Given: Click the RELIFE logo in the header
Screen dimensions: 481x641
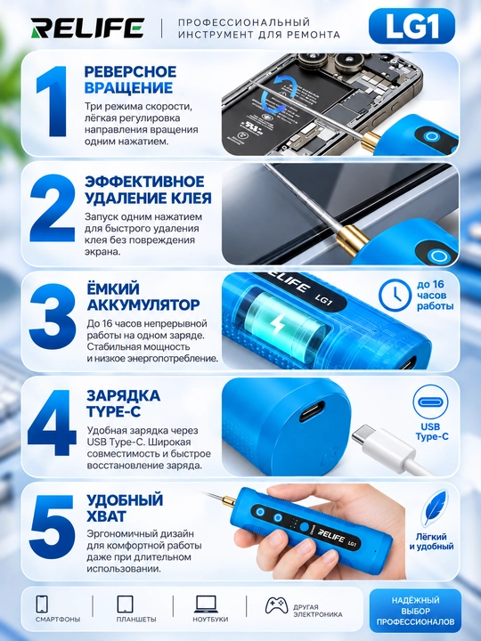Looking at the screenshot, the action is tap(87, 28).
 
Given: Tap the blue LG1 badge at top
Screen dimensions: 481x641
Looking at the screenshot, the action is tap(412, 27).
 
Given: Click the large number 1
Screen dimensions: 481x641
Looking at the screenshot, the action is tap(52, 101).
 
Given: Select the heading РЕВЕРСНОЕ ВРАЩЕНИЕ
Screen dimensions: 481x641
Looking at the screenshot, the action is tap(130, 80).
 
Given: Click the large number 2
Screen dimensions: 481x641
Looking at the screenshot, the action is tap(53, 207).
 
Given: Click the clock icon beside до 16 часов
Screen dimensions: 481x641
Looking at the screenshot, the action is tap(395, 296).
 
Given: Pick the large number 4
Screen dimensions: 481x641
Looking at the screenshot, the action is tap(52, 423).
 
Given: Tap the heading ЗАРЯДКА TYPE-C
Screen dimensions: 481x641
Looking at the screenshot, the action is tap(123, 403).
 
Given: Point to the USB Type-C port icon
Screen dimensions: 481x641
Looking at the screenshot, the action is tap(431, 402).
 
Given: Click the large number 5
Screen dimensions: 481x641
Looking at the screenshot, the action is tap(53, 527).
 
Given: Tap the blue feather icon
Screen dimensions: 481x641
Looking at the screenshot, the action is tap(435, 508).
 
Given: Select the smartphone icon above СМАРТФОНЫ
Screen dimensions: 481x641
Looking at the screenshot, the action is tap(42, 604).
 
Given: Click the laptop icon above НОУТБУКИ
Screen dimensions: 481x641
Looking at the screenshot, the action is tap(206, 604).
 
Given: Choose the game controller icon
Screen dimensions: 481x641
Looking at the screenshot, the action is tap(276, 605).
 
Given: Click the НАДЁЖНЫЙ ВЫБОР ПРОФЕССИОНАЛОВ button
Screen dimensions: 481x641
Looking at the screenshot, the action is tap(415, 611).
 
